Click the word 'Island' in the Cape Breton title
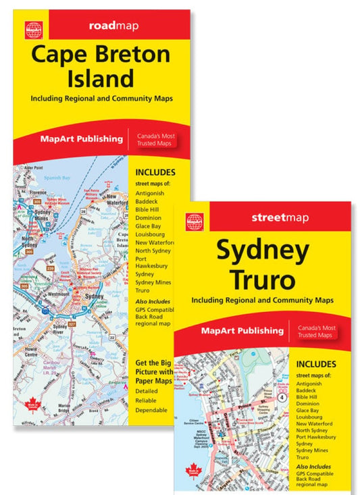tap(103, 79)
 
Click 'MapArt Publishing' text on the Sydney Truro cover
tap(242, 331)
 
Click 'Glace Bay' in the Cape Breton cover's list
tap(149, 226)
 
